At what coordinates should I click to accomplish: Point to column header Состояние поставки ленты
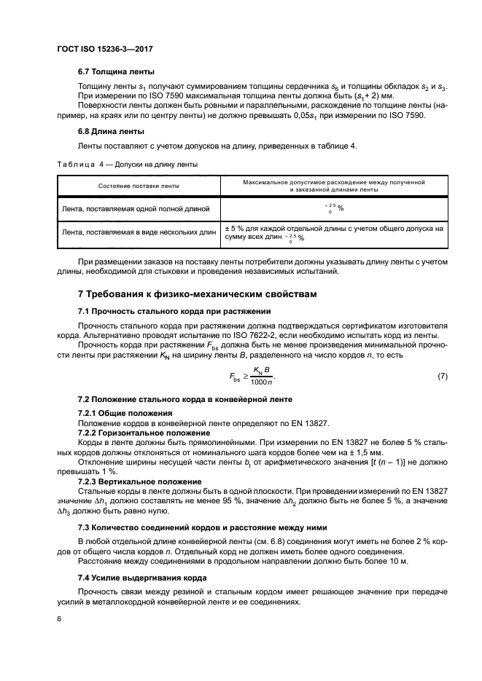[139, 186]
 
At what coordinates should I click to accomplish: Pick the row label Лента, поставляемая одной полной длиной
[136, 209]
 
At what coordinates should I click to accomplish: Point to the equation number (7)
[442, 375]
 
